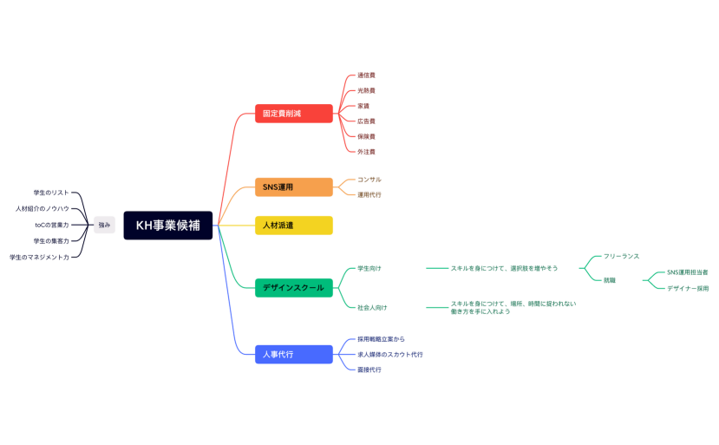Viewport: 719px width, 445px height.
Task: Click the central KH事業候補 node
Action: (167, 226)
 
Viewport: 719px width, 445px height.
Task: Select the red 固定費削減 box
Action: (293, 114)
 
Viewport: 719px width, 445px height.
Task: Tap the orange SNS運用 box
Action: (293, 187)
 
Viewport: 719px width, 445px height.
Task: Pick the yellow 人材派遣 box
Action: (293, 226)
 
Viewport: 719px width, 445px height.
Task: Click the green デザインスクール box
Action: (293, 288)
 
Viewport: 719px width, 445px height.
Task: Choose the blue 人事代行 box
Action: (293, 354)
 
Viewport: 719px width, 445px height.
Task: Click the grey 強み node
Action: (104, 225)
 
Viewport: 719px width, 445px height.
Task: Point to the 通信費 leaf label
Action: (366, 75)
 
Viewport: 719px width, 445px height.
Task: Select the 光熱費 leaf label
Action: (366, 90)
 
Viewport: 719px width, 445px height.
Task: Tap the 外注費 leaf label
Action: (366, 152)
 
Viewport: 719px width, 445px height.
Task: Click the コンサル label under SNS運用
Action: (369, 180)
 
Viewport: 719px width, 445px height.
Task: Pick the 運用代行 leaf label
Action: (369, 195)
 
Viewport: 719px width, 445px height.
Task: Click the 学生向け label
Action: (369, 268)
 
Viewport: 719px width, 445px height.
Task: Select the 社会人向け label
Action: (372, 307)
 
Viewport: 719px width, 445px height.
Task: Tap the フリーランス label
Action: (621, 257)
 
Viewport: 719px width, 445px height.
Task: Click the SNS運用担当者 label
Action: (687, 272)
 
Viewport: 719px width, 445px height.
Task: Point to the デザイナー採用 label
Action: (687, 288)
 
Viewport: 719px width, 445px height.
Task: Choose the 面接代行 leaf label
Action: (369, 370)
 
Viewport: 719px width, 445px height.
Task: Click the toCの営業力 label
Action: (52, 225)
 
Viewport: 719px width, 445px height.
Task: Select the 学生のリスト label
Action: (50, 193)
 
